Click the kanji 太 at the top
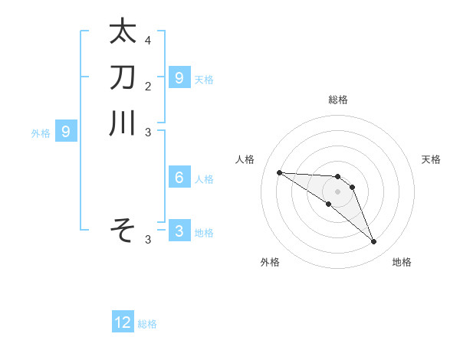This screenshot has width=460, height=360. click(123, 31)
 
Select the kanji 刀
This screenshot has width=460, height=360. click(123, 77)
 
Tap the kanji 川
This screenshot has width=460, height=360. click(123, 123)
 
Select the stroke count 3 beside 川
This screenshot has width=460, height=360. click(148, 132)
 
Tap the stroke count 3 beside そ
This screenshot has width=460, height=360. click(148, 240)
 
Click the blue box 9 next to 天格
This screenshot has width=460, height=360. click(179, 77)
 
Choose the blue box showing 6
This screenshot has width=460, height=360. click(179, 178)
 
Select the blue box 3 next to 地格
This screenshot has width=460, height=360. click(179, 231)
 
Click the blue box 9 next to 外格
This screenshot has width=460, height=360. click(66, 132)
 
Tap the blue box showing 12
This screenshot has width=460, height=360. click(123, 322)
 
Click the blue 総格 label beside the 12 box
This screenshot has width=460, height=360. click(147, 324)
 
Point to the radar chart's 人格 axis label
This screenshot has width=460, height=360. click(245, 159)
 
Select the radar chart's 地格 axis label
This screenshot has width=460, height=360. click(402, 262)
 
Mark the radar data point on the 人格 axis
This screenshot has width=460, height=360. click(279, 172)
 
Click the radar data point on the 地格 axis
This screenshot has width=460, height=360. click(373, 242)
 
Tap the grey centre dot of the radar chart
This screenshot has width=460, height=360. click(337, 191)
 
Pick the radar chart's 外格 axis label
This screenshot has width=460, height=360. click(270, 262)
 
